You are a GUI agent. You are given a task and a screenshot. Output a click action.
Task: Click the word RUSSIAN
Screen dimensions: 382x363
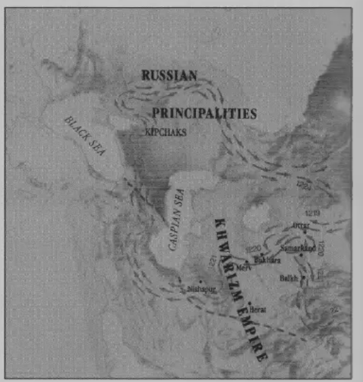click(x=169, y=75)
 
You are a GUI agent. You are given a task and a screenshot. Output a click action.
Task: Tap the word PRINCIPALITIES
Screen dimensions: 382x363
click(x=204, y=113)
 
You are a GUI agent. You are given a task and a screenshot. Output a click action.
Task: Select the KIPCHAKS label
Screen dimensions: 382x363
click(x=162, y=133)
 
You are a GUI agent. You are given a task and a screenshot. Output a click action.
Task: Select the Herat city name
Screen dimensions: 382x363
click(x=258, y=309)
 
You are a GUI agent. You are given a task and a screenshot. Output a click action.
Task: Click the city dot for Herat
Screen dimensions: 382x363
click(x=250, y=303)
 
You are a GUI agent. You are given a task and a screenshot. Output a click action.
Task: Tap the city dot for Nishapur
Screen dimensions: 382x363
click(x=201, y=282)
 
